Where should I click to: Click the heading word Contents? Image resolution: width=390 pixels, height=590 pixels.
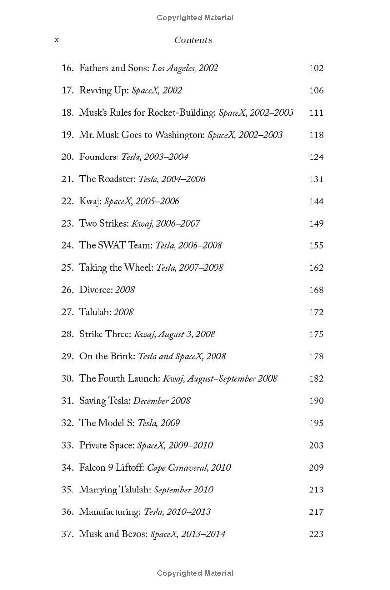point(193,40)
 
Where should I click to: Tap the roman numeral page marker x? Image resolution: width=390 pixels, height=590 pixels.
point(57,40)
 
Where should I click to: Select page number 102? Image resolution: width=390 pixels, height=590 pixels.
point(316,68)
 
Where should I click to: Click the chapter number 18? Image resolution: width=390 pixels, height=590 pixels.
point(67,113)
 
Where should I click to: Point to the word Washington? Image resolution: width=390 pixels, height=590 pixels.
point(181,135)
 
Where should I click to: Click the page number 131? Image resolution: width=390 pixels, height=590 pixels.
point(316,179)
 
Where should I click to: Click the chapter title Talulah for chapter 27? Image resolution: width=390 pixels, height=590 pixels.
point(96,312)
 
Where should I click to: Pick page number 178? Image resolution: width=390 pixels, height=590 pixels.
point(316,356)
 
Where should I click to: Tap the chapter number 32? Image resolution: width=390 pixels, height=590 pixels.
point(67,423)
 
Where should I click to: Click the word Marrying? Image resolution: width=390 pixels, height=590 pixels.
point(98,490)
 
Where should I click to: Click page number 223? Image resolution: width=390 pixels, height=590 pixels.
point(316,534)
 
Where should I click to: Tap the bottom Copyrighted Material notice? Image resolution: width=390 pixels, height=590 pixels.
point(195,573)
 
